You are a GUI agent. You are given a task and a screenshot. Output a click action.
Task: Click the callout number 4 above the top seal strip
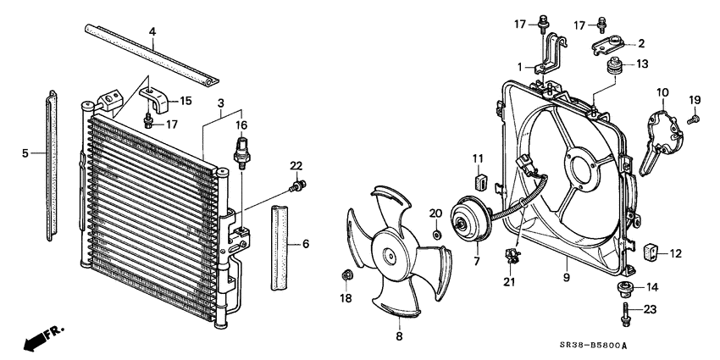tap(152, 33)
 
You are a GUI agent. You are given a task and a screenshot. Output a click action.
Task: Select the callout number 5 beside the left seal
tap(25, 153)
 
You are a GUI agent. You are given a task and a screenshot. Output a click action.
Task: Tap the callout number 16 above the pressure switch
tap(241, 125)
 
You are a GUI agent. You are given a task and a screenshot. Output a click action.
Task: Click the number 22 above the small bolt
tap(296, 164)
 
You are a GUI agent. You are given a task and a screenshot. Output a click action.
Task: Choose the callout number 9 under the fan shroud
tap(566, 277)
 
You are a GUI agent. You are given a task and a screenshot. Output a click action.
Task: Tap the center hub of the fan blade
tap(390, 254)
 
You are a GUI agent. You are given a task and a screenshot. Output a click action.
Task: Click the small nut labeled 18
tap(346, 275)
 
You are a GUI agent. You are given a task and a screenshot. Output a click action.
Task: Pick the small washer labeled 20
tap(436, 235)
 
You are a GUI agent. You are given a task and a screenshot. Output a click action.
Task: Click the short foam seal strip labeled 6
tap(280, 246)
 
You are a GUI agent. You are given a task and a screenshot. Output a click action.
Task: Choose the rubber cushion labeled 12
tap(651, 252)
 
